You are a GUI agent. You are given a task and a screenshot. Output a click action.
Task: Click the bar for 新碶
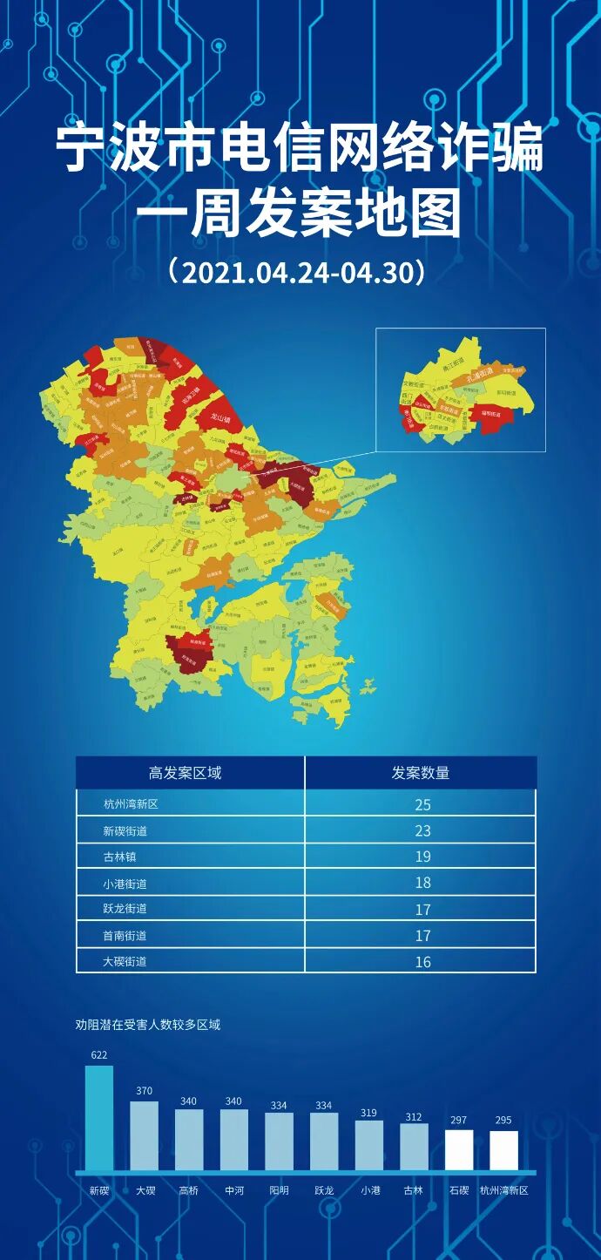pos(99,1118)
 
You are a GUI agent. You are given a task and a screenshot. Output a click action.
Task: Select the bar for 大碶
pos(145,1136)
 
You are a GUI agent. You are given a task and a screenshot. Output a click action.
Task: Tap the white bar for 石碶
pos(459,1150)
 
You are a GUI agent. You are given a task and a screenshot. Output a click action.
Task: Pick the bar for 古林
pos(414,1147)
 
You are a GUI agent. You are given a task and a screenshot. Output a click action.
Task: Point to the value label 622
pos(99,1055)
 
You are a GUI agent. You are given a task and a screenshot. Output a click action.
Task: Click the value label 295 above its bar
pos(503,1121)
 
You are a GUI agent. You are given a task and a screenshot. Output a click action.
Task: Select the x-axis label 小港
pos(370,1190)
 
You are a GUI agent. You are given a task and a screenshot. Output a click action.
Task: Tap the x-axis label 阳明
pos(279,1190)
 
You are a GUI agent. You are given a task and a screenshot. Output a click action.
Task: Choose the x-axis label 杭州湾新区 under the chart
pos(504,1190)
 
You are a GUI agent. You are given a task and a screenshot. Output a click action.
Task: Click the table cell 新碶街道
pos(125,831)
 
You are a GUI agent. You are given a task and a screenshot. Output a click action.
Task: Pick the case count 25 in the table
pos(422,805)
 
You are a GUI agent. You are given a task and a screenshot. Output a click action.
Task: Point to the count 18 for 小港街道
pos(422,883)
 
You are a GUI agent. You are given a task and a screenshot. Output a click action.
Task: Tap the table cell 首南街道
pos(125,936)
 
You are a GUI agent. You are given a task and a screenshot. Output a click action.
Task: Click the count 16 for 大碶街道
pos(422,962)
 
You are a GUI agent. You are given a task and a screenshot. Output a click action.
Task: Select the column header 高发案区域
pos(185,773)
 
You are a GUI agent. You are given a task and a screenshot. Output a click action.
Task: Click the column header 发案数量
pos(420,773)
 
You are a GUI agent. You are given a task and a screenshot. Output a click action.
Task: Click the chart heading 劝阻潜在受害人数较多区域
pos(148,1025)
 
